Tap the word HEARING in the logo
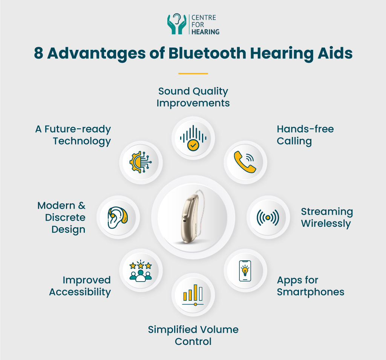point(205,32)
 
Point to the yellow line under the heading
point(193,73)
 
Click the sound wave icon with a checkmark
point(193,138)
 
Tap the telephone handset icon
point(245,162)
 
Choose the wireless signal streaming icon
point(268,217)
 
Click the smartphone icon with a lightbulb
point(245,271)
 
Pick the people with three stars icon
point(141,271)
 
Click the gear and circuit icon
point(141,162)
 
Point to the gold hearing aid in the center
point(193,217)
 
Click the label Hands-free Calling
point(305,135)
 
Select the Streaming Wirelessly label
point(326,217)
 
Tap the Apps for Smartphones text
point(310,286)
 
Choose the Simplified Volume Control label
point(193,335)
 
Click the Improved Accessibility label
point(80,286)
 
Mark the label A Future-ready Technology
point(73,135)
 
